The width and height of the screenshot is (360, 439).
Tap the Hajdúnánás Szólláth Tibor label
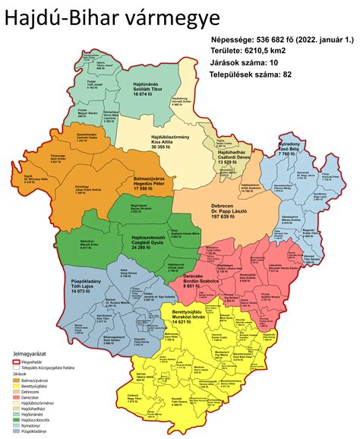[x=146, y=90]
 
